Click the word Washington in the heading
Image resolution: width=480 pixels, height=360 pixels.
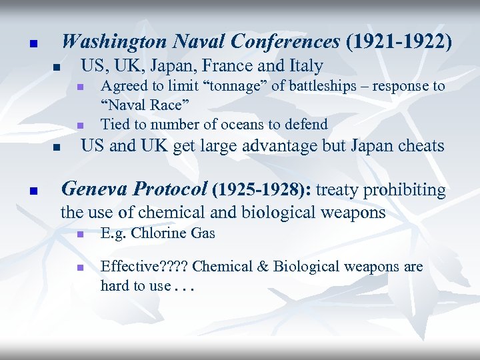(115, 42)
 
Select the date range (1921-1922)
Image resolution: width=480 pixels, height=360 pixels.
(399, 42)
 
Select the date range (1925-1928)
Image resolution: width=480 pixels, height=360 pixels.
(262, 190)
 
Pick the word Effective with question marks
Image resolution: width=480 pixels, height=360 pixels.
(143, 267)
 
